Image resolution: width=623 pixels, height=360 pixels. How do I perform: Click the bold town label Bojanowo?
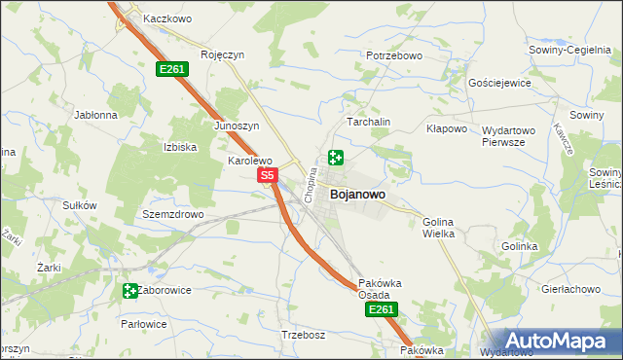pos(357,195)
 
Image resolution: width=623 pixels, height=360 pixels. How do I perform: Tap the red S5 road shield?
pos(269,175)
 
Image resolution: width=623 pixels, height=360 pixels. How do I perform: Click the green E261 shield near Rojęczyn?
pos(171,69)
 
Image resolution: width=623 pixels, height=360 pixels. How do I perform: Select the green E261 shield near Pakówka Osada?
pos(380,309)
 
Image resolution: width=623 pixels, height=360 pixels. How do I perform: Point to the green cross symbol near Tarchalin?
pos(336,158)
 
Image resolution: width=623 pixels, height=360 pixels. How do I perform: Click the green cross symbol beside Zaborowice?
pos(130,290)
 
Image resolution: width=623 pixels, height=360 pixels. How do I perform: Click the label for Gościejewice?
pos(499,84)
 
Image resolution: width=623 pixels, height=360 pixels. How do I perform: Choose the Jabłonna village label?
pos(95,114)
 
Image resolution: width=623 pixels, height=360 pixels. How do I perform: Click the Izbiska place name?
pos(180,147)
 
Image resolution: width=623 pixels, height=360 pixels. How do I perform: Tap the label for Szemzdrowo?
pos(172,214)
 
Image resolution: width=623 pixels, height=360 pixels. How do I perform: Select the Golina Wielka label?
pos(438,228)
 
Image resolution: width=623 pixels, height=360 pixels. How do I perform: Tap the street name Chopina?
pos(311,185)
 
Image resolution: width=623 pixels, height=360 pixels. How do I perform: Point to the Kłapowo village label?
pos(448,128)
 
